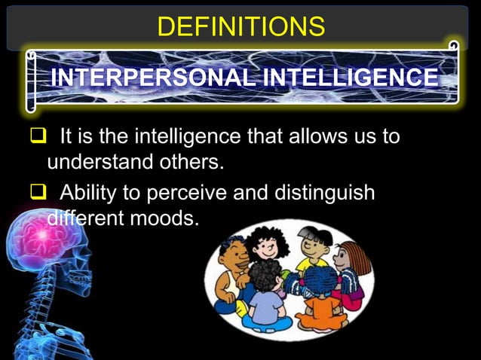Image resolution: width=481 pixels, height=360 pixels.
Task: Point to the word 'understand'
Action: pyautogui.click(x=99, y=163)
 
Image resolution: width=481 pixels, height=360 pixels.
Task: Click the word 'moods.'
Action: pyautogui.click(x=170, y=219)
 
